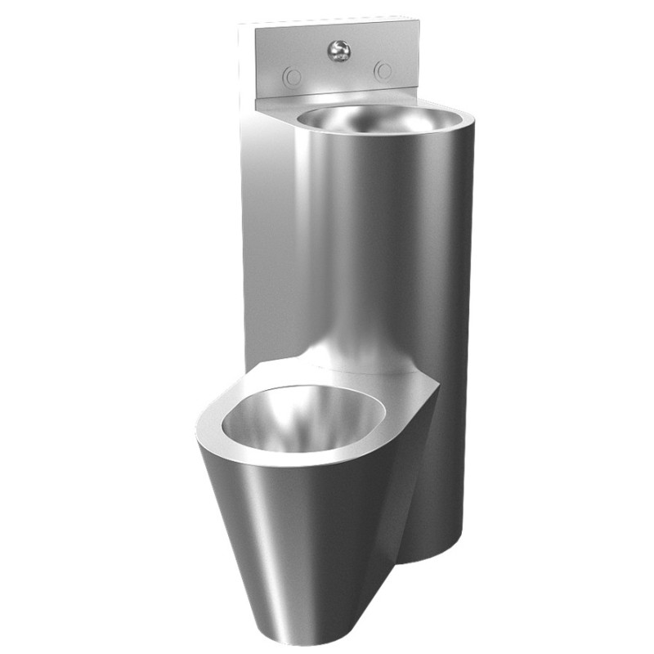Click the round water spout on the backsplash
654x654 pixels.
tap(337, 52)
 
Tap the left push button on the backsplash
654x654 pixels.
tap(292, 77)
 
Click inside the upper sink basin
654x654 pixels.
tap(368, 123)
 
